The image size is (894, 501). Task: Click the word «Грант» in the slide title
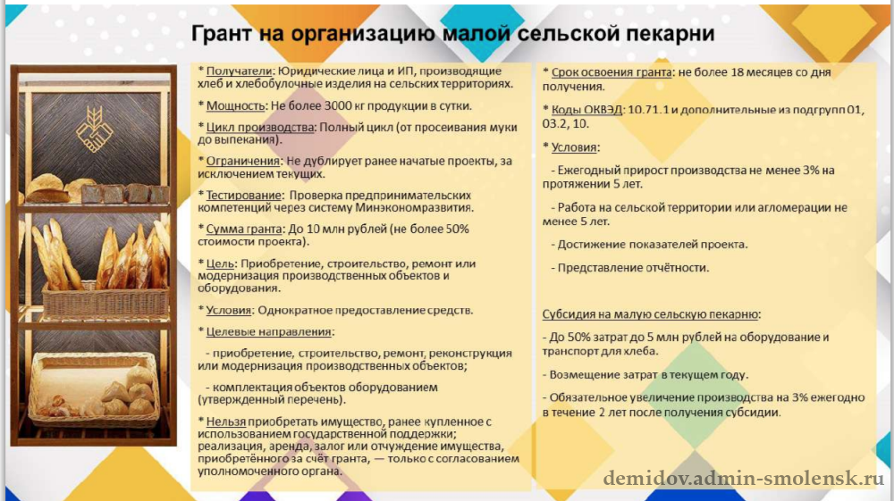click(221, 34)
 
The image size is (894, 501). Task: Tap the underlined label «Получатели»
click(239, 71)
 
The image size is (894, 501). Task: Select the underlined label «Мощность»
click(235, 106)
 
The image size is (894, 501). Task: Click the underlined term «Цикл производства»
click(260, 128)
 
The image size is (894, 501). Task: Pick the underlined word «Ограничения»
click(243, 161)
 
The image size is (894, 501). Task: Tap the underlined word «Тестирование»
click(243, 196)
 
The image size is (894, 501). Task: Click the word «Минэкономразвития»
click(414, 208)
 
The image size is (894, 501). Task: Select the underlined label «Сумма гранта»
click(244, 230)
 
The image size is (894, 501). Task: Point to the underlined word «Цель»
click(220, 264)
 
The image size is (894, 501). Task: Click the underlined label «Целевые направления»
click(268, 332)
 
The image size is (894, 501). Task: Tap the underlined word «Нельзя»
click(226, 422)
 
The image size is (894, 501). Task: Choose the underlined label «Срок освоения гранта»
click(611, 73)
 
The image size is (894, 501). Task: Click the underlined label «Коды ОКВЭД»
click(586, 109)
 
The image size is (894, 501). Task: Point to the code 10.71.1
click(648, 109)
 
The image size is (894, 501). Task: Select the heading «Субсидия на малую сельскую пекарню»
click(651, 314)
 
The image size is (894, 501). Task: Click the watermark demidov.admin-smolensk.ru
click(744, 479)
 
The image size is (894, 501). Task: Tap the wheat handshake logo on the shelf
click(95, 129)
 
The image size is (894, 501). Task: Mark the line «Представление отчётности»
click(633, 268)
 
